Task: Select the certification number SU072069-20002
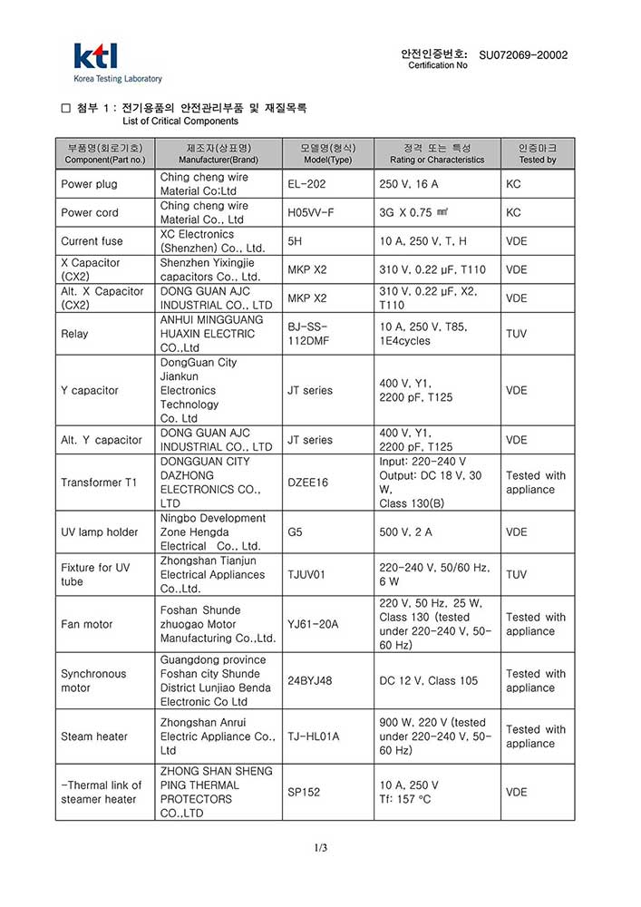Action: (523, 55)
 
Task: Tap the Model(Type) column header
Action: (327, 153)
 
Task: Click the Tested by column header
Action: (538, 153)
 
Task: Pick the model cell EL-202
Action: (306, 184)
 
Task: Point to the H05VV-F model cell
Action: (311, 212)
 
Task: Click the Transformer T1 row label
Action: (99, 483)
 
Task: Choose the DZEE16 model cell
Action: (308, 483)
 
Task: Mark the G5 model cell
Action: (296, 532)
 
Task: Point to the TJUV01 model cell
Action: (308, 575)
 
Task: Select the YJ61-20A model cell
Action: (313, 624)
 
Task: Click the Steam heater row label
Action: (94, 736)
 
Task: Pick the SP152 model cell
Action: (304, 792)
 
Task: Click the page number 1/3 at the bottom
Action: (320, 848)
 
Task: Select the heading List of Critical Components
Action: (180, 121)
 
